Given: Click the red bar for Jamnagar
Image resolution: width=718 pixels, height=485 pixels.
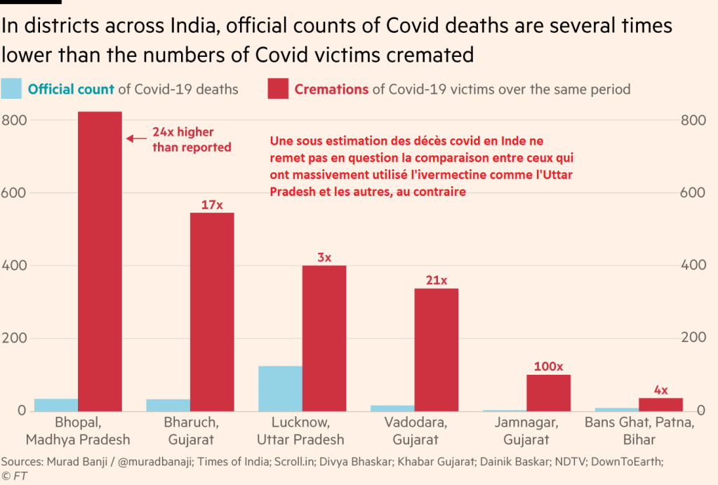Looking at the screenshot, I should tap(548, 392).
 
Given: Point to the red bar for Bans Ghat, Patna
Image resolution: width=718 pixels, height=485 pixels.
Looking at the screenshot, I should tap(660, 404).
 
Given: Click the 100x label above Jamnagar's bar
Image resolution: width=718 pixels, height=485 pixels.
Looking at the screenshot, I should tap(548, 366).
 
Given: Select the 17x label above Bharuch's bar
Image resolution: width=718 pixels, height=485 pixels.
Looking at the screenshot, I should tap(212, 205).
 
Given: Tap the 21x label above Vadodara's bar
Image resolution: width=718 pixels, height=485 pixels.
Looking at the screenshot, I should tap(436, 281).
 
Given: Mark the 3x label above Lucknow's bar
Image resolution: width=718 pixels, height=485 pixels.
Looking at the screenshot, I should tap(324, 258).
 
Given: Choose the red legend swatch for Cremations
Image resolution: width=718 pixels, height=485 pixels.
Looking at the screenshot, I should tap(278, 89).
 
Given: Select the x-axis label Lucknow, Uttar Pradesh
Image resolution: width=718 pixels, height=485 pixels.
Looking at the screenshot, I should tap(300, 431).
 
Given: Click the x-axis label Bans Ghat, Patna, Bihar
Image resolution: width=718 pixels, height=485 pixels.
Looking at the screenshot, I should tap(639, 431).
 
